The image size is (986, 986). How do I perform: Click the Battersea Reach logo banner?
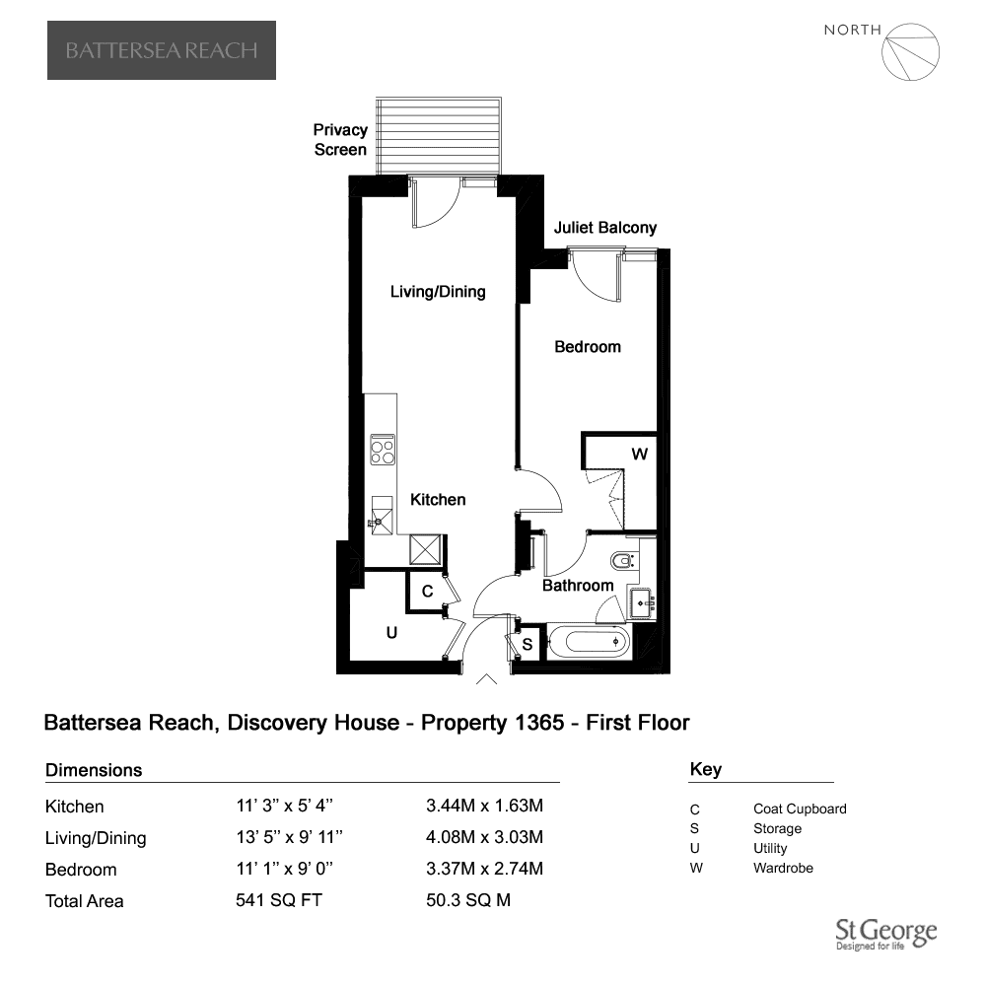pyautogui.click(x=162, y=50)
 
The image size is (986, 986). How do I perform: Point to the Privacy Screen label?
pyautogui.click(x=340, y=140)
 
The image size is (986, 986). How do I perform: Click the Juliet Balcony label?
pyautogui.click(x=605, y=228)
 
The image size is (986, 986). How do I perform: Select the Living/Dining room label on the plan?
pyautogui.click(x=438, y=292)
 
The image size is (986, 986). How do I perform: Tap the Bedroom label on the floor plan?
pyautogui.click(x=588, y=346)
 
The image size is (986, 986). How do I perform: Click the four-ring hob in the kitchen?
pyautogui.click(x=383, y=450)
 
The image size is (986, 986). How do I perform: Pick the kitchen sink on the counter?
pyautogui.click(x=382, y=515)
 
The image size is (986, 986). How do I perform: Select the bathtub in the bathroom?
pyautogui.click(x=588, y=642)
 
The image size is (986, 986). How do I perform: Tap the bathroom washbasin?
pyautogui.click(x=643, y=603)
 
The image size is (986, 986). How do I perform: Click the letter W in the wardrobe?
pyautogui.click(x=640, y=454)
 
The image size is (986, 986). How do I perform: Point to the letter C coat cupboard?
pyautogui.click(x=428, y=591)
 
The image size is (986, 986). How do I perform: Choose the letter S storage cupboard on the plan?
pyautogui.click(x=528, y=644)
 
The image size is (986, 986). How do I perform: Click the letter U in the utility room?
pyautogui.click(x=391, y=633)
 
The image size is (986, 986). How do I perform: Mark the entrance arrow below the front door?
pyautogui.click(x=486, y=679)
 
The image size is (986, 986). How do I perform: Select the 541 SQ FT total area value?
pyautogui.click(x=279, y=900)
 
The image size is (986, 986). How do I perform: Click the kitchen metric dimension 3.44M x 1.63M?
pyautogui.click(x=484, y=806)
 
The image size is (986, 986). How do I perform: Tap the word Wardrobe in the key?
pyautogui.click(x=783, y=868)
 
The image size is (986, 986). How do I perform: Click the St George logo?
pyautogui.click(x=886, y=934)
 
